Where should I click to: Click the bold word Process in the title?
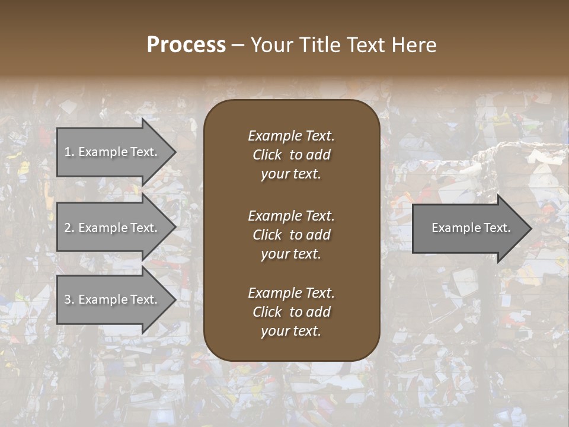click(186, 45)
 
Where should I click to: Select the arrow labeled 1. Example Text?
click(111, 152)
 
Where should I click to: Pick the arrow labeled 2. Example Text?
click(111, 228)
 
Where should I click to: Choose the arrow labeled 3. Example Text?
click(111, 299)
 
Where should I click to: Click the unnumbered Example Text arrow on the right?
click(471, 228)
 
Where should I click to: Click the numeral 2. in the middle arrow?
click(69, 228)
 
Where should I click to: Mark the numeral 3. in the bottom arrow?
click(69, 299)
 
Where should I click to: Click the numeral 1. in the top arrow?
click(69, 152)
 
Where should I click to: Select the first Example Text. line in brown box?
click(291, 136)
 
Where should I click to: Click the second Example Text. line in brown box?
click(291, 216)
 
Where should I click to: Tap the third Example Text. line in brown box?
click(291, 293)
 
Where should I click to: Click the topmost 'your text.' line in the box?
click(291, 174)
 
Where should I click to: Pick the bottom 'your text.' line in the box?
click(291, 332)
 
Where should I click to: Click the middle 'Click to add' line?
click(291, 235)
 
